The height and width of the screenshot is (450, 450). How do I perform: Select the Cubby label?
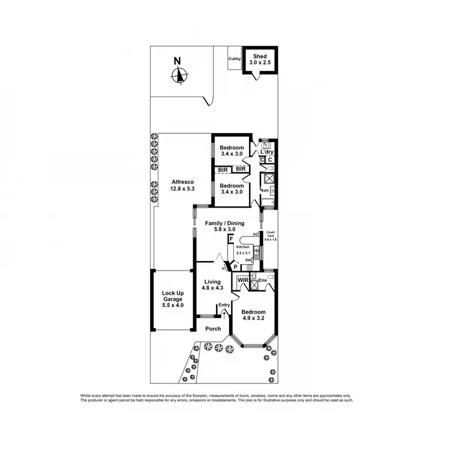[x=234, y=59]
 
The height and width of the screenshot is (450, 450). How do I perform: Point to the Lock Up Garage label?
[x=172, y=299]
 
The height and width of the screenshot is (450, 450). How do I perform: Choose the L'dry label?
[x=267, y=152]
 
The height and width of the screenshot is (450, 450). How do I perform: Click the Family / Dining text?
[x=224, y=224]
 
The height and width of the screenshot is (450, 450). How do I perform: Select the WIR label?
[x=243, y=280]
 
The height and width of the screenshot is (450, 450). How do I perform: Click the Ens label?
[x=262, y=280]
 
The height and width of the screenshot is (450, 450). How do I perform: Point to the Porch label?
[x=213, y=329]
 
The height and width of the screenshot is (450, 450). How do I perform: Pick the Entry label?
[x=224, y=305]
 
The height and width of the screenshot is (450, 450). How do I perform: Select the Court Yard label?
[x=271, y=236]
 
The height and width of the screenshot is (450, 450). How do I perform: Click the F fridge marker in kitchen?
[x=231, y=239]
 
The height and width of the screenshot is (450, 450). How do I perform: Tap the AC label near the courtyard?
[x=256, y=234]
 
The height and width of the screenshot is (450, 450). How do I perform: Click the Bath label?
[x=265, y=191]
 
